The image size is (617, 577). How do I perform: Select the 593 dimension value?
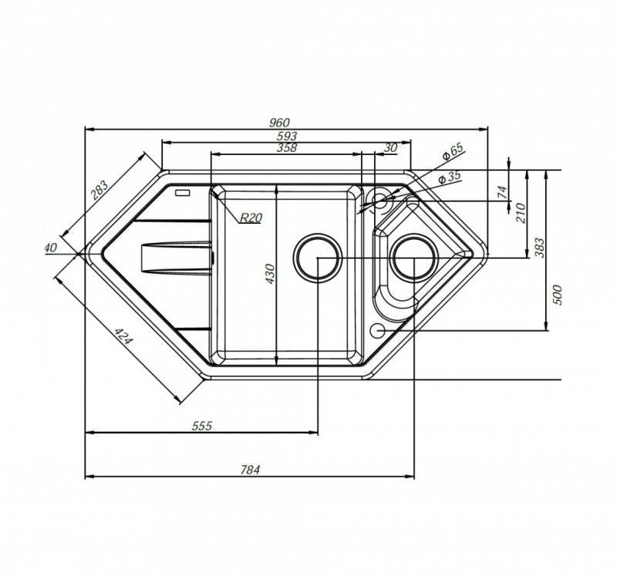[x=287, y=137]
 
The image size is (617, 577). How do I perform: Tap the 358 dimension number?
[x=287, y=148]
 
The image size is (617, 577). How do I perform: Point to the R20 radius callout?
[x=251, y=218]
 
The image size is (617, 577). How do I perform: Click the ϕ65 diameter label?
[x=453, y=151]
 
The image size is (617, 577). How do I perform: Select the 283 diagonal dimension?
[x=99, y=191]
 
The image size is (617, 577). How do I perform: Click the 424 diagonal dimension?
[x=124, y=336]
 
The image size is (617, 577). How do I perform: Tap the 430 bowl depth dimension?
[x=270, y=274]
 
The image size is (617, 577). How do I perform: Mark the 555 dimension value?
[x=202, y=426]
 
